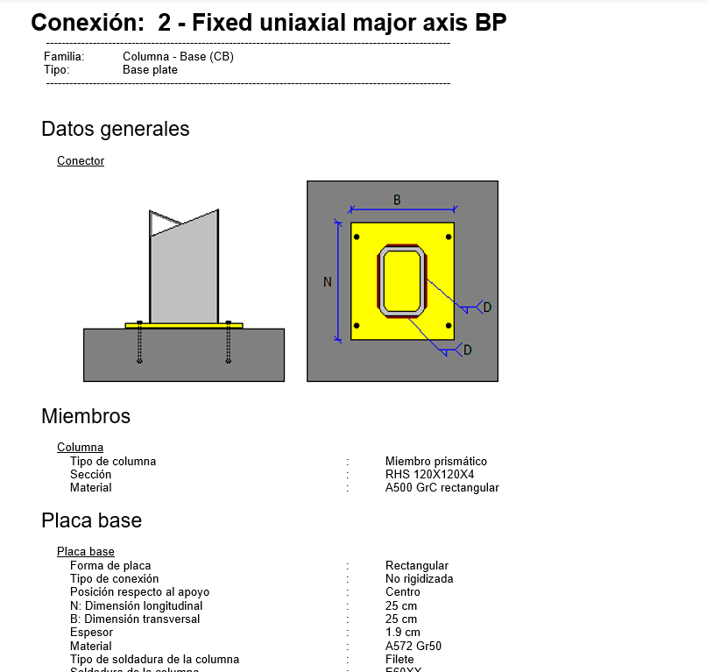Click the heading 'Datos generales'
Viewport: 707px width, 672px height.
pos(115,129)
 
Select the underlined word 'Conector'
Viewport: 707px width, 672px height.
pos(81,161)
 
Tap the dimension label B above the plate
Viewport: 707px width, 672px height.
pos(397,200)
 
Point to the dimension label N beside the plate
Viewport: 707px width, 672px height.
pos(328,281)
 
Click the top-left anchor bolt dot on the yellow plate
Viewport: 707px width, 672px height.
pos(355,237)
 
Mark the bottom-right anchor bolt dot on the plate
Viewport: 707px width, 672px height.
pos(449,326)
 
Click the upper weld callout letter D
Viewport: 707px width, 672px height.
pos(487,307)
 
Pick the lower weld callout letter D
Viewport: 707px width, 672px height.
pos(467,350)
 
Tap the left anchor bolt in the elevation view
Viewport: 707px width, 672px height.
pos(139,343)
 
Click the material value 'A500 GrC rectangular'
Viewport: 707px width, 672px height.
pos(442,488)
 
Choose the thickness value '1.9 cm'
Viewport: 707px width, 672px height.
pos(402,633)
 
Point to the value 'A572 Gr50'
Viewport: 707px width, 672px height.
pos(413,646)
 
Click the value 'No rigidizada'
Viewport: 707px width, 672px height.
pos(419,579)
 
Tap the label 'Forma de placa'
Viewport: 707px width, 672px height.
pos(110,566)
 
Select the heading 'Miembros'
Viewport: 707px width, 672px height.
pos(86,416)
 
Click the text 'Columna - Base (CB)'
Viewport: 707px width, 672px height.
pos(178,57)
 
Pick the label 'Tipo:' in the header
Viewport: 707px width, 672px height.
pos(56,70)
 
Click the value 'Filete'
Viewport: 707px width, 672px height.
pos(399,659)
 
